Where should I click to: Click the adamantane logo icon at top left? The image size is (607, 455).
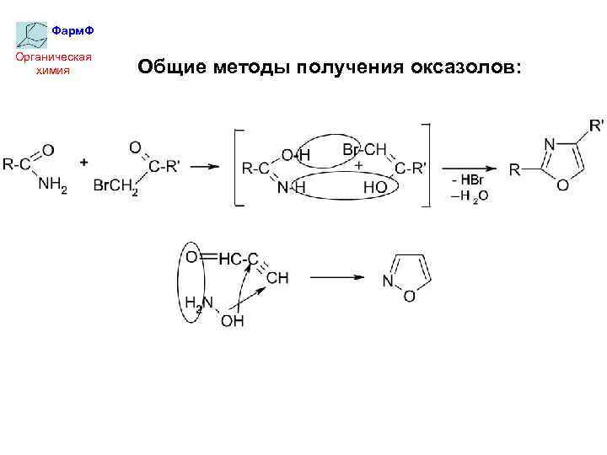pyautogui.click(x=32, y=34)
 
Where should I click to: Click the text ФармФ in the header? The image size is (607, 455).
pyautogui.click(x=73, y=31)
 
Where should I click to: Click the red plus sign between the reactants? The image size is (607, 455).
pyautogui.click(x=84, y=160)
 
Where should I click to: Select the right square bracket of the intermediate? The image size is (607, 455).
pyautogui.click(x=426, y=167)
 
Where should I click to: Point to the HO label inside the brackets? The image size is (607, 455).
pyautogui.click(x=374, y=188)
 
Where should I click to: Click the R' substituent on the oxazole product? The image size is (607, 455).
pyautogui.click(x=596, y=126)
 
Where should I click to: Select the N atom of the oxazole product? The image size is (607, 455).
pyautogui.click(x=549, y=145)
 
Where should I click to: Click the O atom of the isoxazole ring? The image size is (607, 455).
pyautogui.click(x=409, y=296)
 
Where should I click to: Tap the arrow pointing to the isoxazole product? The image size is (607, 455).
pyautogui.click(x=336, y=276)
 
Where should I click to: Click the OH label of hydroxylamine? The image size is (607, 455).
pyautogui.click(x=232, y=321)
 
